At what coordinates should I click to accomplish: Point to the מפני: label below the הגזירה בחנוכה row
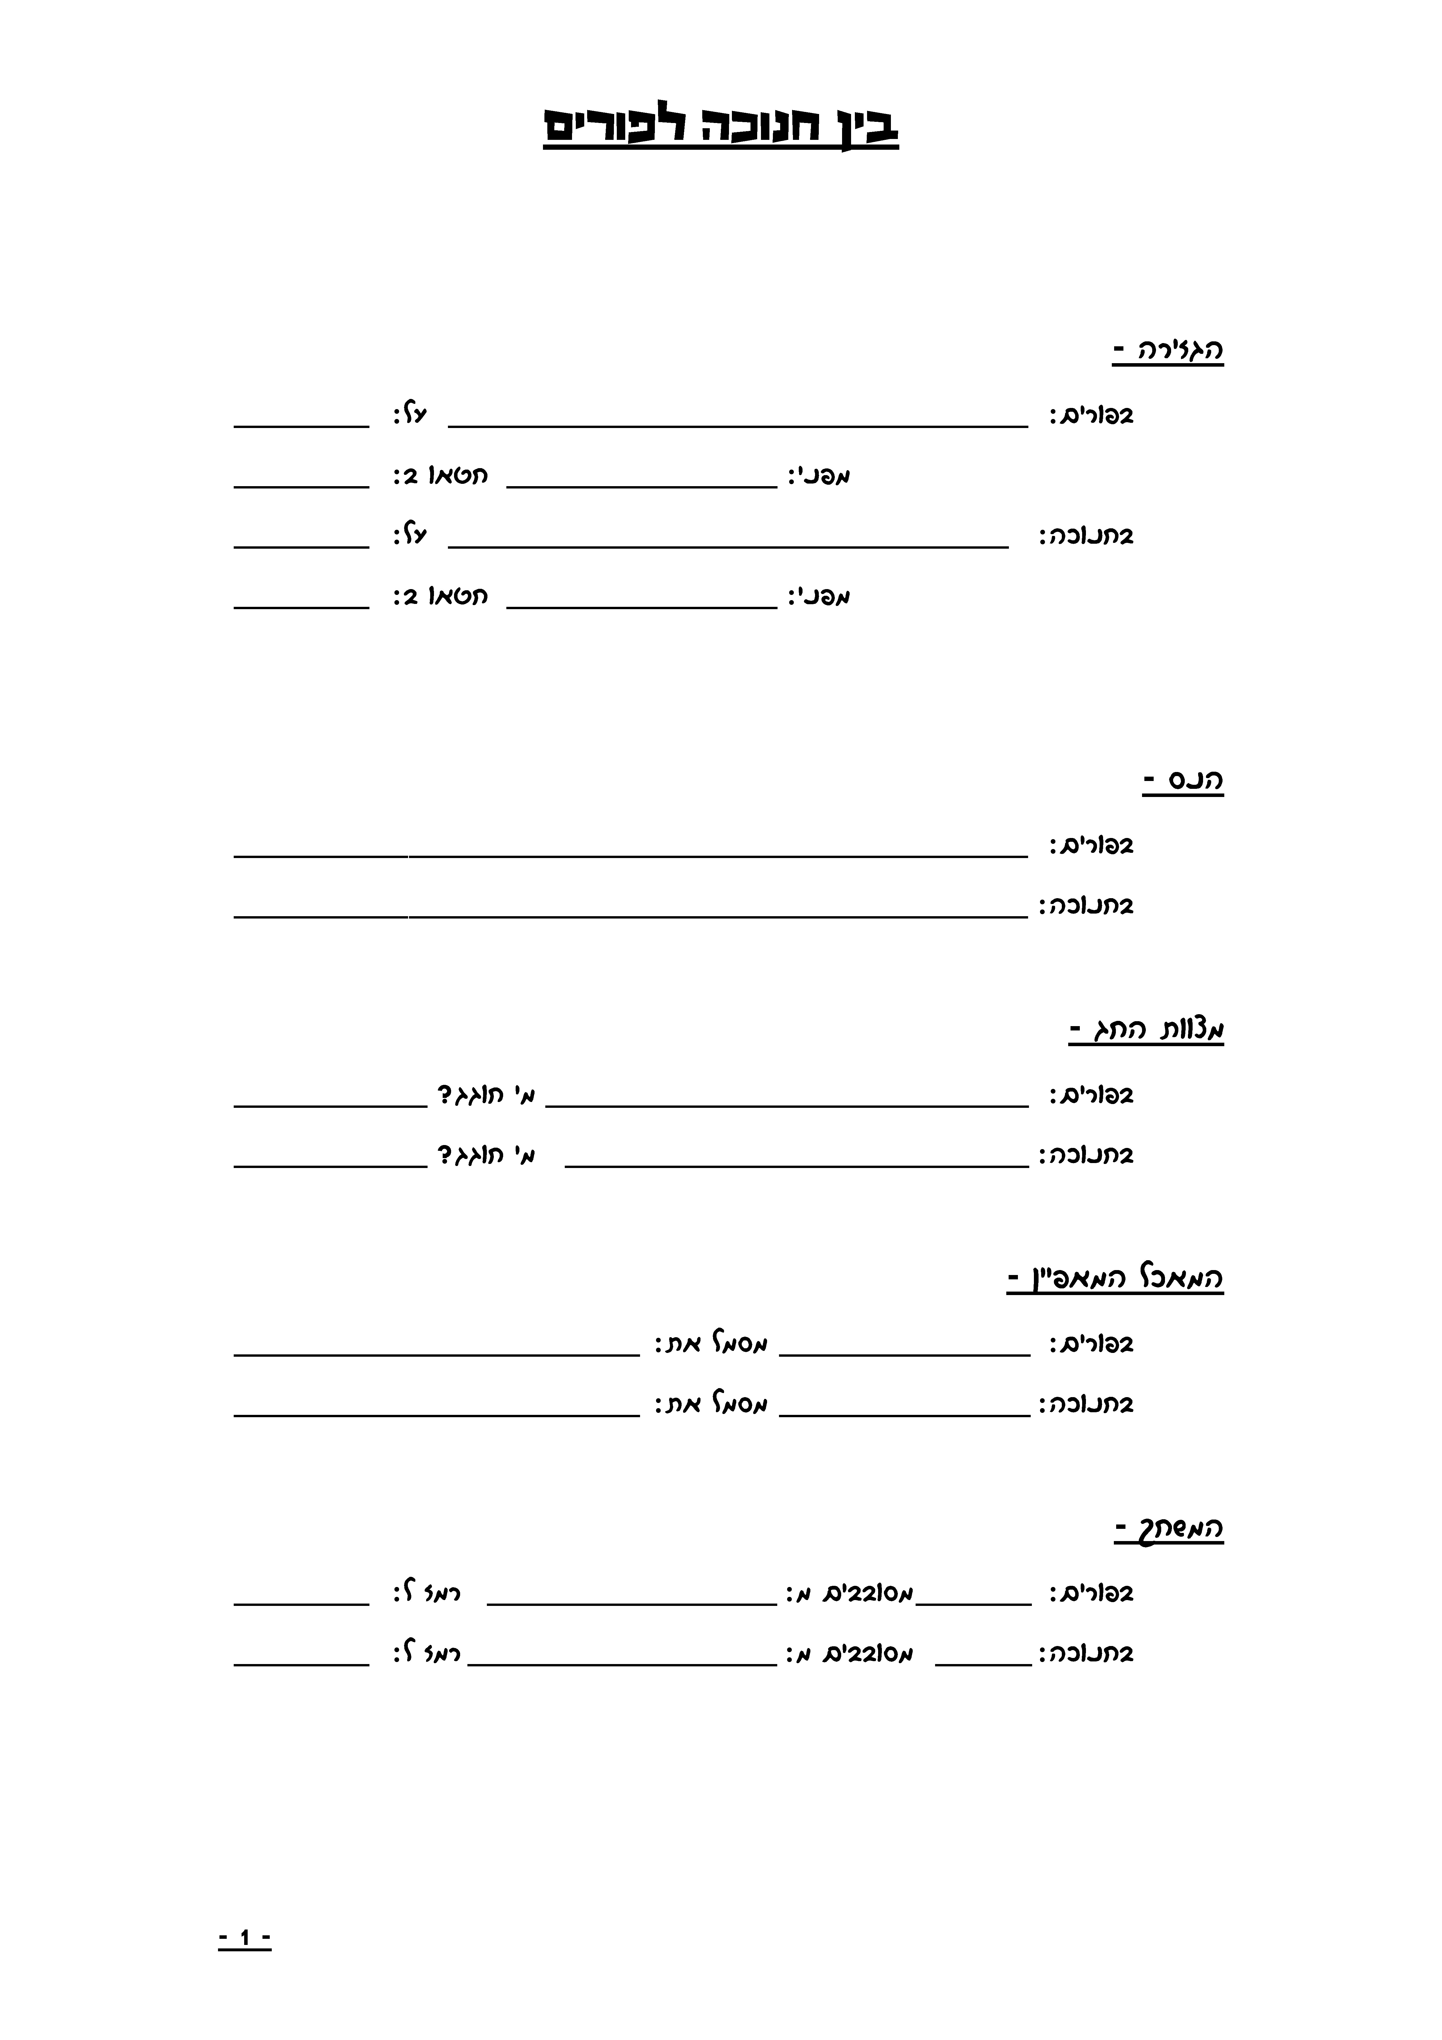[819, 596]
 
